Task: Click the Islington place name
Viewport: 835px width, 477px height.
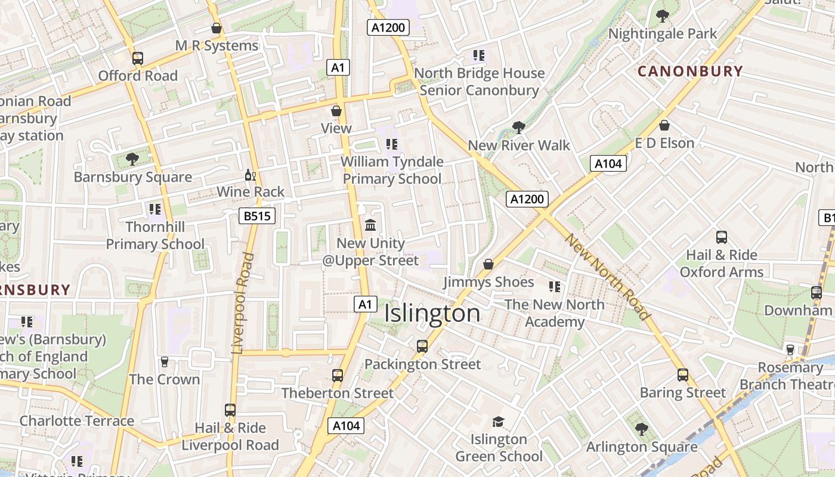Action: pos(432,314)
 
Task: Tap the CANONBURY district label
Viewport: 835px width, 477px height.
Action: pos(690,72)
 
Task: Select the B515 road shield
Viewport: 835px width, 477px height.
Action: pos(257,216)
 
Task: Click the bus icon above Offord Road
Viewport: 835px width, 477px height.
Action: pos(138,58)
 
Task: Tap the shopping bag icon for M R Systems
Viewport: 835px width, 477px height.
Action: pos(217,28)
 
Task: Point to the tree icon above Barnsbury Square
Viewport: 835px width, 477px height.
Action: pos(132,159)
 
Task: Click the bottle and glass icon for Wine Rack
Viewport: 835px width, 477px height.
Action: pos(250,175)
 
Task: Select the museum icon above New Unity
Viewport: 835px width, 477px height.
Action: pos(370,225)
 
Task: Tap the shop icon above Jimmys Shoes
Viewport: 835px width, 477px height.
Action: pos(488,264)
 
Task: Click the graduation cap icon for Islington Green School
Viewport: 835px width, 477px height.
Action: pos(498,422)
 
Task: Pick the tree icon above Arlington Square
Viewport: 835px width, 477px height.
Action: pos(641,429)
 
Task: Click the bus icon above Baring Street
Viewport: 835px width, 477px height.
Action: pos(683,375)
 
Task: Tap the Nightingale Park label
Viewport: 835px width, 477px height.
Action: pos(662,34)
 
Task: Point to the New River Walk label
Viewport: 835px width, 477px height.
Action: pos(518,145)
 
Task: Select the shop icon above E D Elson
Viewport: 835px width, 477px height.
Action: pos(664,125)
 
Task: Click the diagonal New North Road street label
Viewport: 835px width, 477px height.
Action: pos(607,277)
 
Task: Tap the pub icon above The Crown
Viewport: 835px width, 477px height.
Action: pos(165,362)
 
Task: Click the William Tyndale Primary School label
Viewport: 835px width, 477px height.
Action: pos(392,170)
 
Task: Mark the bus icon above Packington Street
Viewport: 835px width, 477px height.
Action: pos(422,346)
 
